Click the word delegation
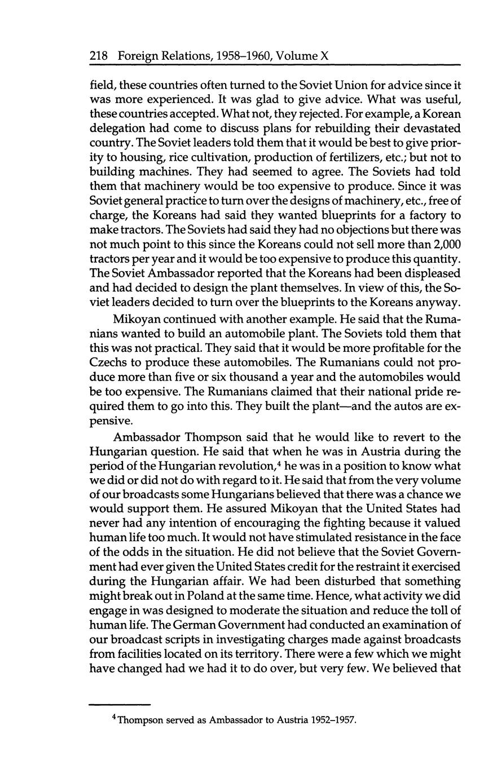119,129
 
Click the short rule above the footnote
120,704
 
